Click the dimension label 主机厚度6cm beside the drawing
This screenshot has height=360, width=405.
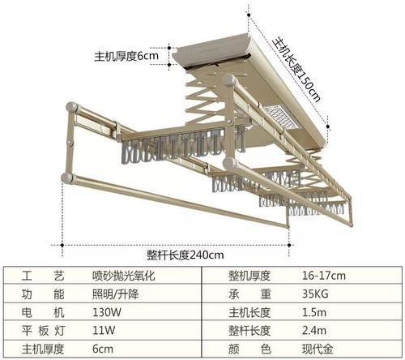(x=126, y=56)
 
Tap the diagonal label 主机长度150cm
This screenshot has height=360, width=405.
(x=297, y=70)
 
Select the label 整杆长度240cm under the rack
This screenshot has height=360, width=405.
(x=185, y=255)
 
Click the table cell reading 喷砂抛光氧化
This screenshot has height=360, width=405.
(x=124, y=276)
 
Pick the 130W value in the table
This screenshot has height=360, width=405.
(x=107, y=312)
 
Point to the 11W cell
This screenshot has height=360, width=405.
(x=104, y=330)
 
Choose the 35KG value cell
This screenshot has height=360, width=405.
(x=315, y=294)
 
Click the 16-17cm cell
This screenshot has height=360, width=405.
(x=324, y=276)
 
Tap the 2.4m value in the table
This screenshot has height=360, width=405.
(x=314, y=330)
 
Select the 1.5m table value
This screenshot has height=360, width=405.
(x=314, y=312)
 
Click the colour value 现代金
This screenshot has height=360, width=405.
(x=318, y=349)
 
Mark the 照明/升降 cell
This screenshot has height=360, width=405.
(x=115, y=294)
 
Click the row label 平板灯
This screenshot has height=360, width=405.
(x=43, y=330)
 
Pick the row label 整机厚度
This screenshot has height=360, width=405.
(x=249, y=276)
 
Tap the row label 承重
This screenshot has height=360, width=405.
(x=249, y=294)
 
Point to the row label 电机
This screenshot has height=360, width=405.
(x=43, y=312)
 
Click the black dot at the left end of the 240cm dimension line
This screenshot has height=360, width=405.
(x=62, y=245)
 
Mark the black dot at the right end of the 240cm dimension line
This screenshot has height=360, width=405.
(x=289, y=245)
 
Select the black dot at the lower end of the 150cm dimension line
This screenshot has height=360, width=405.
(x=328, y=126)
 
